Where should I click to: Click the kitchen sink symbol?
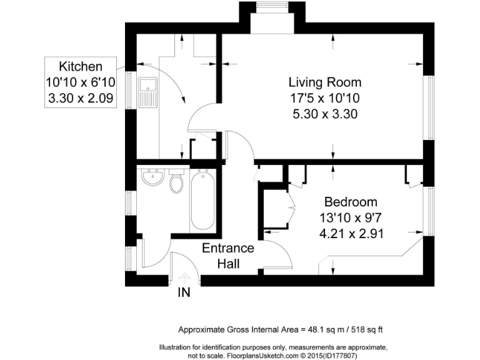[x=147, y=92]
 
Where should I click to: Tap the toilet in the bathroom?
[x=177, y=181]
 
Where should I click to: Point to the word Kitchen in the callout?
[x=80, y=67]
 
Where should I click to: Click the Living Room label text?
[x=324, y=82]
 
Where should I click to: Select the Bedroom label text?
[x=350, y=202]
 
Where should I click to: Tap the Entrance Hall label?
[x=227, y=256]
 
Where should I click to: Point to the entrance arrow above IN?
[x=184, y=277]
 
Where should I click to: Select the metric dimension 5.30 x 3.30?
[x=324, y=114]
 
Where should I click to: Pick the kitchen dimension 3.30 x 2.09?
[x=80, y=97]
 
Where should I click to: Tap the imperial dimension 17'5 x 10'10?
[x=324, y=98]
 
